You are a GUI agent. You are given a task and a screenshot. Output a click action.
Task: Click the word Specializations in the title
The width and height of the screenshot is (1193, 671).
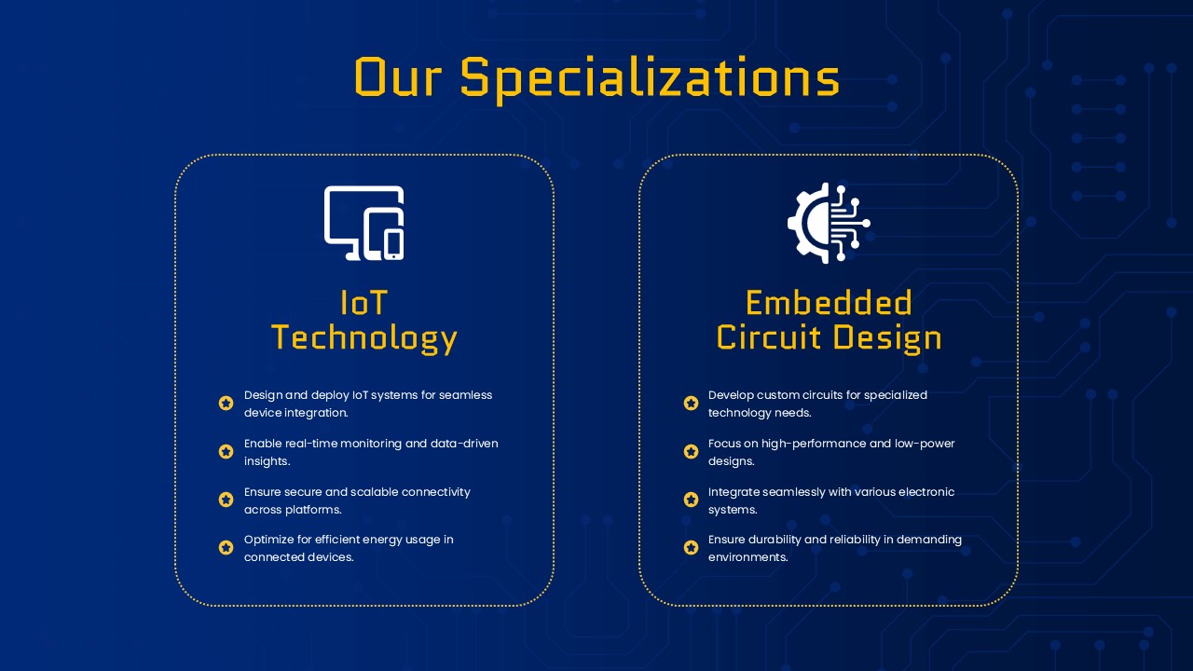click(x=650, y=79)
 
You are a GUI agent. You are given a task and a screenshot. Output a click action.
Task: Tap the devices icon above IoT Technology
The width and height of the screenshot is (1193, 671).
click(x=363, y=223)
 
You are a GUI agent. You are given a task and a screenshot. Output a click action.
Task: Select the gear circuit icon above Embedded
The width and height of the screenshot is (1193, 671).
click(x=829, y=223)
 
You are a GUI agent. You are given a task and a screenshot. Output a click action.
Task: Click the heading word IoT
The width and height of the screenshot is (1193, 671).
click(x=363, y=303)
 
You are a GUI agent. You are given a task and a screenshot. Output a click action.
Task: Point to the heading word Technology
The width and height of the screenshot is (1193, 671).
click(x=364, y=338)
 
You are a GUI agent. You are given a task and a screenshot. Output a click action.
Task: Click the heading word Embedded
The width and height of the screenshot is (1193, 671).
click(x=829, y=303)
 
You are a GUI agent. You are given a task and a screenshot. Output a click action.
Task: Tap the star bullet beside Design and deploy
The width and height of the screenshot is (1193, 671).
click(x=226, y=404)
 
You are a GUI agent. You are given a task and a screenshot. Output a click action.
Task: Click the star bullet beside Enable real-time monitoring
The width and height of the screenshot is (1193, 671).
click(x=226, y=452)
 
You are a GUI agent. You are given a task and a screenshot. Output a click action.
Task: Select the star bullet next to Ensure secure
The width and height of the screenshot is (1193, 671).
click(x=226, y=500)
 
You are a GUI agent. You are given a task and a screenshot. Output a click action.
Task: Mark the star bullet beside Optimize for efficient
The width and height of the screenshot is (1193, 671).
click(x=226, y=547)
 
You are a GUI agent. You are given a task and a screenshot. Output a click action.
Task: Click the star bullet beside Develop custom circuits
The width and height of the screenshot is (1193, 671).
click(x=691, y=404)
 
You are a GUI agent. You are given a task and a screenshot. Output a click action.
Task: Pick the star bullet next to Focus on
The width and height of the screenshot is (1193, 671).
click(x=691, y=452)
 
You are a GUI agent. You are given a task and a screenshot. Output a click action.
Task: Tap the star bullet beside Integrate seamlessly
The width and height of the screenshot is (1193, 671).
click(x=691, y=500)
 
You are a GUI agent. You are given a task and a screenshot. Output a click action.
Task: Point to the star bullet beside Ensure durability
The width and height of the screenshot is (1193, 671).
click(x=691, y=547)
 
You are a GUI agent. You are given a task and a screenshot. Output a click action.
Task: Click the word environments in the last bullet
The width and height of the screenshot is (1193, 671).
click(x=747, y=557)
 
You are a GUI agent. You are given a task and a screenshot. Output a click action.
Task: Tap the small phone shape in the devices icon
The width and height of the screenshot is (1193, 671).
click(x=393, y=244)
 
